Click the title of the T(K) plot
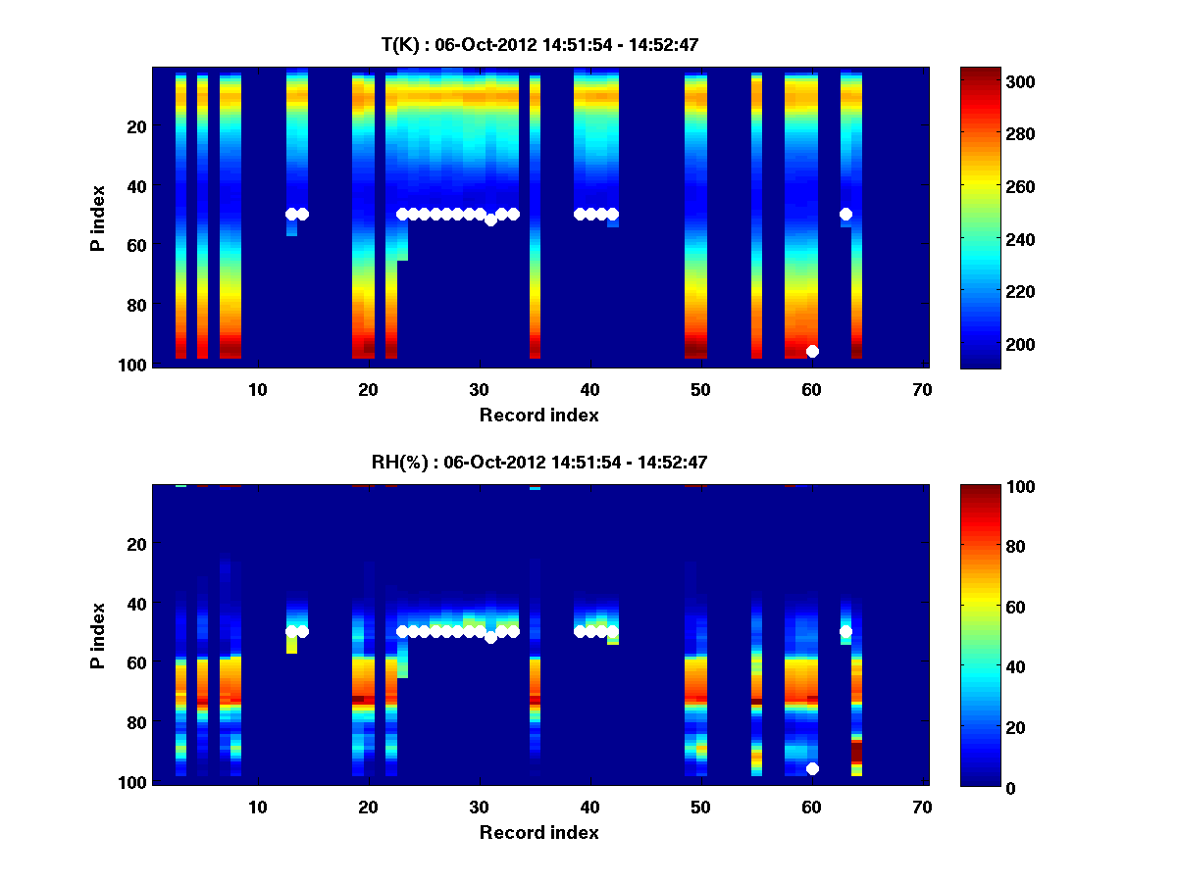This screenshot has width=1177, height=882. click(539, 45)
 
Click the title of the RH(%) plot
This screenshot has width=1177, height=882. click(539, 463)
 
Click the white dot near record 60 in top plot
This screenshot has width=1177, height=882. click(812, 351)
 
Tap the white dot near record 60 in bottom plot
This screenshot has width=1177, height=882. click(812, 768)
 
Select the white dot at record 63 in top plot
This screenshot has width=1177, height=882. click(845, 214)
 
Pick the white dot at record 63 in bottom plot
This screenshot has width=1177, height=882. click(845, 631)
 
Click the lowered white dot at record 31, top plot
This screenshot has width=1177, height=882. click(490, 220)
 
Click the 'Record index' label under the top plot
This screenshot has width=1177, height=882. click(539, 415)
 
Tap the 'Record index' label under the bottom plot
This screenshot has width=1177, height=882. click(539, 832)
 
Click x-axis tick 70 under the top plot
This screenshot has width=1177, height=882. click(921, 389)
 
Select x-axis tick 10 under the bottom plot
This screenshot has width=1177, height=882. click(257, 807)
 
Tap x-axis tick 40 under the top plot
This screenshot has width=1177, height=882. click(589, 389)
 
